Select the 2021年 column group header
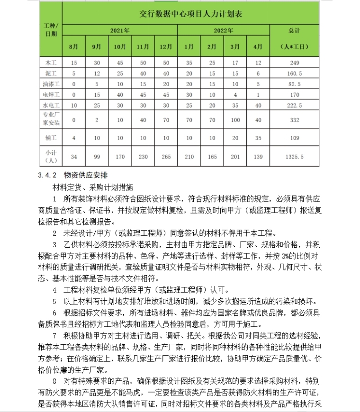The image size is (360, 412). [120, 30]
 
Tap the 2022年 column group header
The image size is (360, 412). [224, 30]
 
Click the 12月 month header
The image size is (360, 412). [166, 47]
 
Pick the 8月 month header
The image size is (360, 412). [73, 47]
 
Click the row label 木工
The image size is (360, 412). [51, 63]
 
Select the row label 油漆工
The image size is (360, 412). [51, 84]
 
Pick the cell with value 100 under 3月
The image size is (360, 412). [234, 120]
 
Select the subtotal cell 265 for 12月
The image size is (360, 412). [166, 156]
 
